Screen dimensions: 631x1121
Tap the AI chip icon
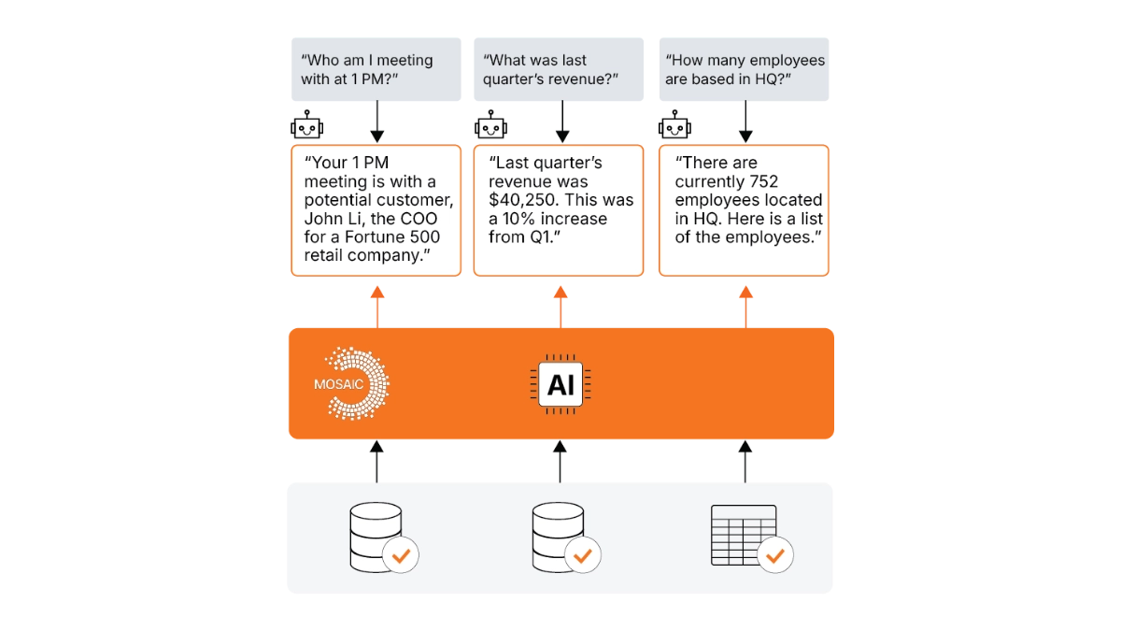[560, 384]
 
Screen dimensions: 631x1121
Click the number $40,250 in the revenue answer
[525, 200]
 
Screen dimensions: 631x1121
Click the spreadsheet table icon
[744, 532]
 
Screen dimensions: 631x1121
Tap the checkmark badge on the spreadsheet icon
[774, 555]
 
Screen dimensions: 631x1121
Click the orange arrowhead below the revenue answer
[560, 293]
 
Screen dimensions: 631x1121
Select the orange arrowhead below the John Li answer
[376, 293]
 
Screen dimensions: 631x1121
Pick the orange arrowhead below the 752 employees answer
[745, 293]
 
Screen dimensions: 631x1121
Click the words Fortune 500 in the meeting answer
[393, 237]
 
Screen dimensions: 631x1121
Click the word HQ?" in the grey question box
[772, 79]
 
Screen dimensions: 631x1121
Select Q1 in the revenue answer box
[543, 237]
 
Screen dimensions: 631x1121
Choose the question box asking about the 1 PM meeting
[376, 69]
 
